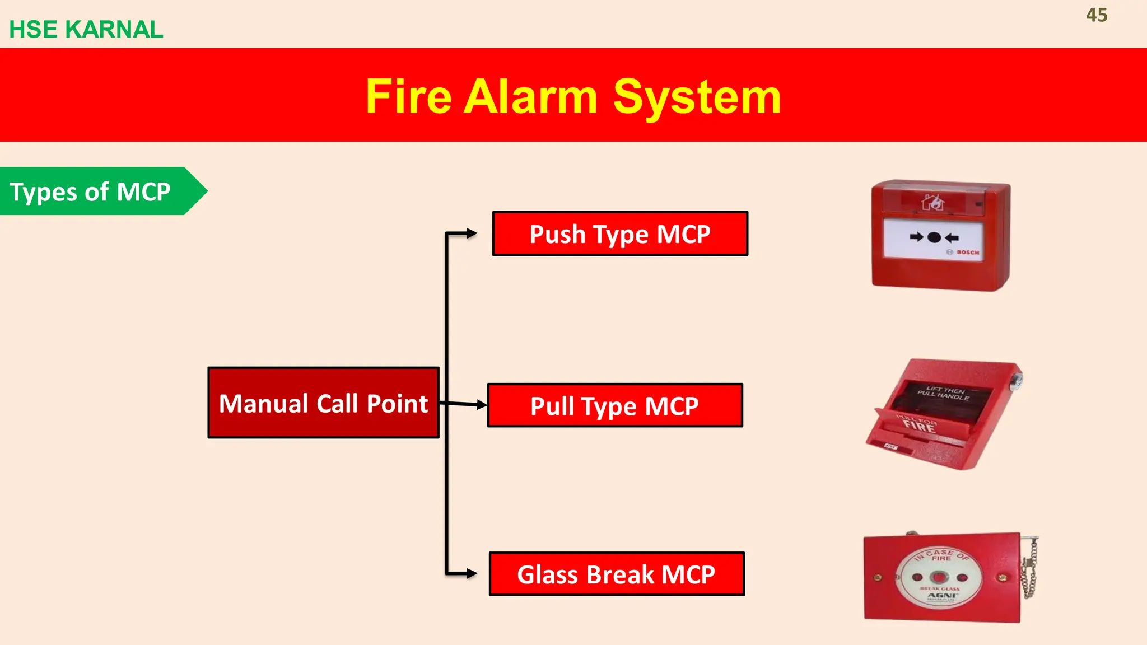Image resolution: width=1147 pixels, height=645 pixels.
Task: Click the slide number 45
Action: (1096, 15)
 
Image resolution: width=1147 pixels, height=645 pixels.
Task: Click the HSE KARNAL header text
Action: (86, 29)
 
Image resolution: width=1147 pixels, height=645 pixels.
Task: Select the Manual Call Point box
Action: (323, 403)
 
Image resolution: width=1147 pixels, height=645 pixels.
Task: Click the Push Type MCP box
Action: (620, 234)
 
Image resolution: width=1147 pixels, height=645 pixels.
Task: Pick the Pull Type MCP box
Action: (615, 406)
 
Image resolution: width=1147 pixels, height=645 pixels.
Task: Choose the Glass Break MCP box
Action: (617, 574)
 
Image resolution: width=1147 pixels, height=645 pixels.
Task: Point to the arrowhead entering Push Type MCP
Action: (472, 233)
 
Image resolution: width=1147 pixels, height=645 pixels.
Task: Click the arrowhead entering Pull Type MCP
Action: (481, 404)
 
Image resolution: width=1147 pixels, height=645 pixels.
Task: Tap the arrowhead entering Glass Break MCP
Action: (472, 573)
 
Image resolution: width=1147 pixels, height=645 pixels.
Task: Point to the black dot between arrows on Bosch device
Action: (934, 237)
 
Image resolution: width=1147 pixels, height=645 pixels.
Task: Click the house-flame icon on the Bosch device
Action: (933, 202)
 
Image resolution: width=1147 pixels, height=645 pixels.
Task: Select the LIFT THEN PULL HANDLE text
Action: (944, 393)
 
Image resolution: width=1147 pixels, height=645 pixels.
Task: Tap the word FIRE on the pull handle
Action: (918, 427)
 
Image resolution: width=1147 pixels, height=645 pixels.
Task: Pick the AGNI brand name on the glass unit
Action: (941, 595)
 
